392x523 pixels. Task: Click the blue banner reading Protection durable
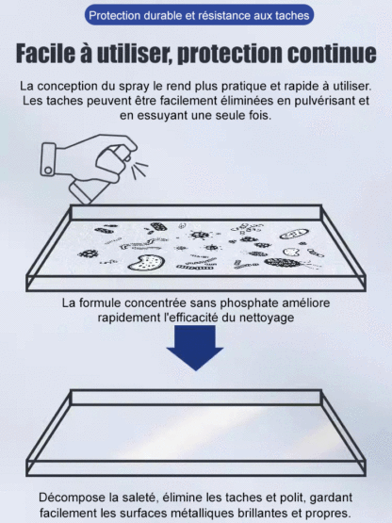coord(196,16)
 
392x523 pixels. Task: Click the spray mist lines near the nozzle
coord(139,171)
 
